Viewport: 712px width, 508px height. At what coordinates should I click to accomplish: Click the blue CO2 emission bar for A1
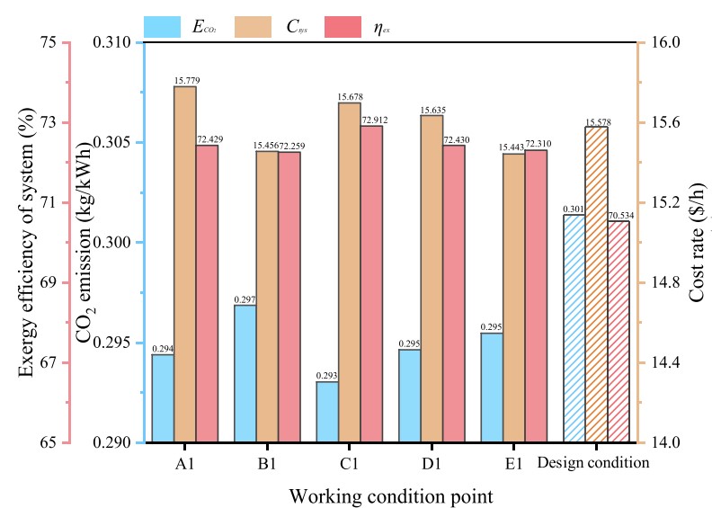point(163,398)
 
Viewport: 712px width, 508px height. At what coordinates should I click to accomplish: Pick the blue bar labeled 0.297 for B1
point(245,374)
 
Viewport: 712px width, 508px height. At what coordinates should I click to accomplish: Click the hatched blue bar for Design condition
point(574,329)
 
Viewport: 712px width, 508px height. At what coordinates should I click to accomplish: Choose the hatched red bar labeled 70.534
point(619,332)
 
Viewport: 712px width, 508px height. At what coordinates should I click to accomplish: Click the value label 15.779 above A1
point(185,80)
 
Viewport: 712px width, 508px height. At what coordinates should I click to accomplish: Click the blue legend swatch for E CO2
point(163,27)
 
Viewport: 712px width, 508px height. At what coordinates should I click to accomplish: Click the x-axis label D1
point(431,464)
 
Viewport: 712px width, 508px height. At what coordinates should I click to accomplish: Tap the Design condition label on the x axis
point(593,464)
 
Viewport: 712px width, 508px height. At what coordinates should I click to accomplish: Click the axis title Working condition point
point(390,495)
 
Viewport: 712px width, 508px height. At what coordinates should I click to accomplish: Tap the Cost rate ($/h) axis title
point(697,243)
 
